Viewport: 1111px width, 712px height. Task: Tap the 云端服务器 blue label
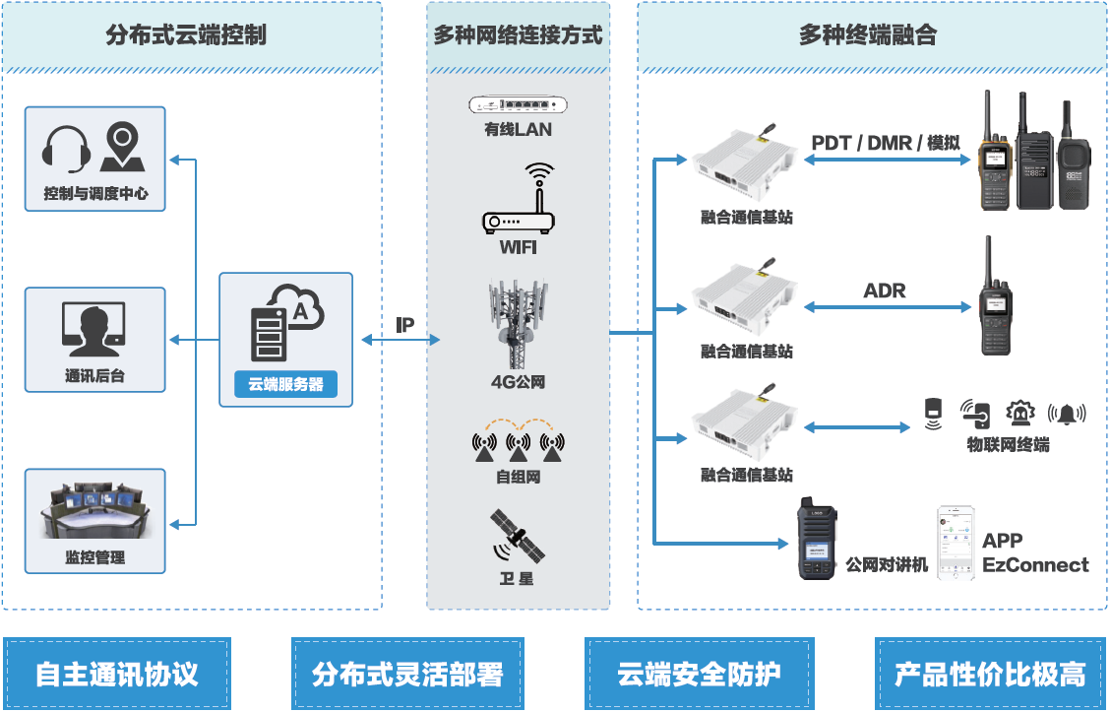tap(285, 385)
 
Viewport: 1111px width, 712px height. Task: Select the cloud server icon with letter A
tap(285, 319)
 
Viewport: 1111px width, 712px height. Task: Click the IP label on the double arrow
tap(404, 325)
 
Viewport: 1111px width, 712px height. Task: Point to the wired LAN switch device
tap(519, 104)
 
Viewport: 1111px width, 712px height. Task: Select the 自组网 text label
tap(518, 477)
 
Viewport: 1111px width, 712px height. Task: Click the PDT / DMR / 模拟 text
tap(885, 143)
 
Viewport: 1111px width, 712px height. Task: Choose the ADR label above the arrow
tap(884, 291)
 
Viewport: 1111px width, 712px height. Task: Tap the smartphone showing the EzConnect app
tap(956, 556)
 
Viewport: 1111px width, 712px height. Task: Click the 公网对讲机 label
tap(887, 565)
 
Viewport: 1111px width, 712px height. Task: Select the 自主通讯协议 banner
tap(117, 675)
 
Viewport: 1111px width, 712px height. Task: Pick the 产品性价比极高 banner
tap(989, 675)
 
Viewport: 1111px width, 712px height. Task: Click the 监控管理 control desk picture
tap(94, 508)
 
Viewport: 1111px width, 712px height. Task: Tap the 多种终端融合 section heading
tap(867, 36)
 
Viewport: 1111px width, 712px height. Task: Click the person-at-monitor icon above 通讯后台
tap(94, 328)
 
